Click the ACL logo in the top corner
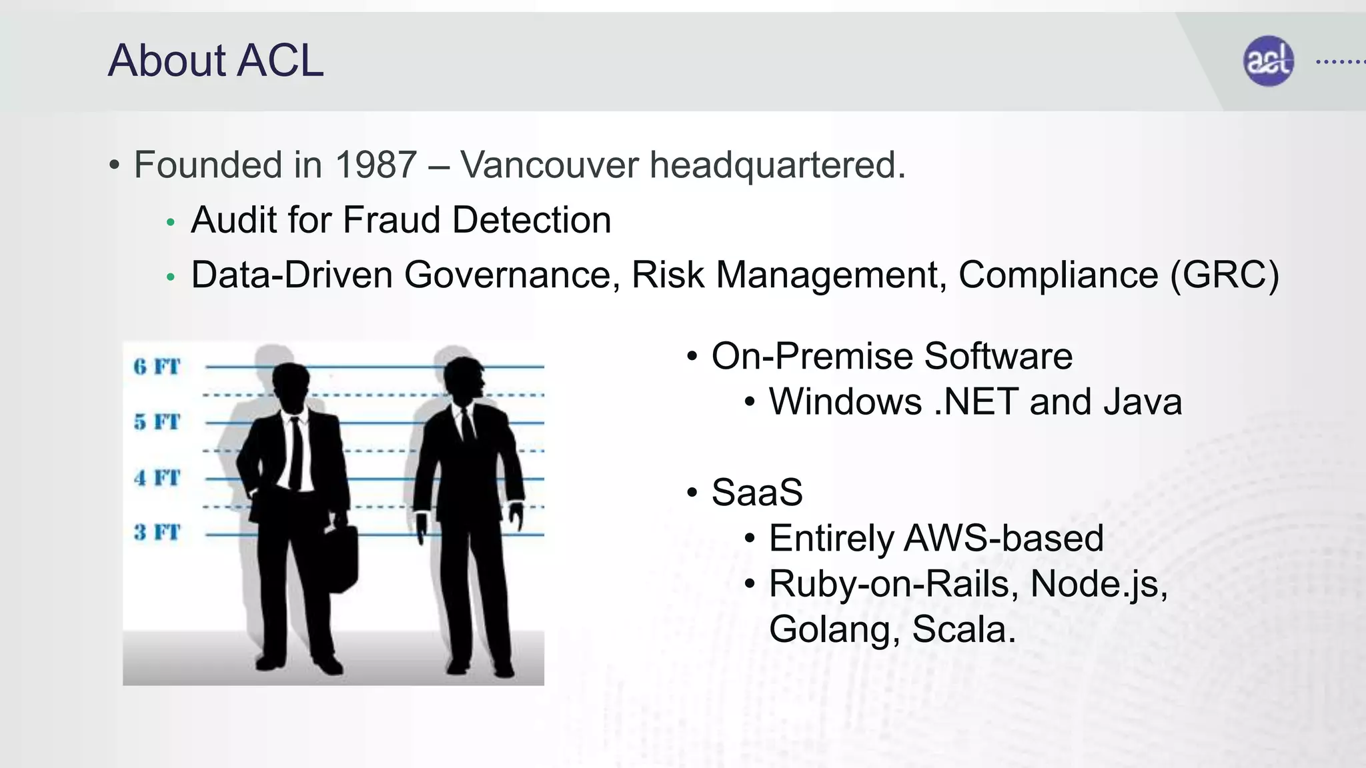(1268, 61)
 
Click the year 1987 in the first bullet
(376, 165)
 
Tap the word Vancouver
(549, 165)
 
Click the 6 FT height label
(157, 367)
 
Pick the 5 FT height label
(157, 422)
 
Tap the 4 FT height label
(157, 478)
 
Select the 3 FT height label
(157, 533)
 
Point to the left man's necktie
(295, 453)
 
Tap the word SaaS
(757, 493)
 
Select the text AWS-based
(1003, 539)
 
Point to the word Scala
(963, 629)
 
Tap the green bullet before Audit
(171, 223)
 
